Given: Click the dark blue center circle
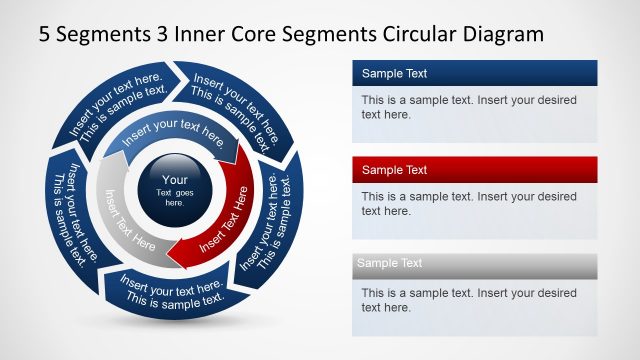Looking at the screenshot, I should point(174,189).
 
